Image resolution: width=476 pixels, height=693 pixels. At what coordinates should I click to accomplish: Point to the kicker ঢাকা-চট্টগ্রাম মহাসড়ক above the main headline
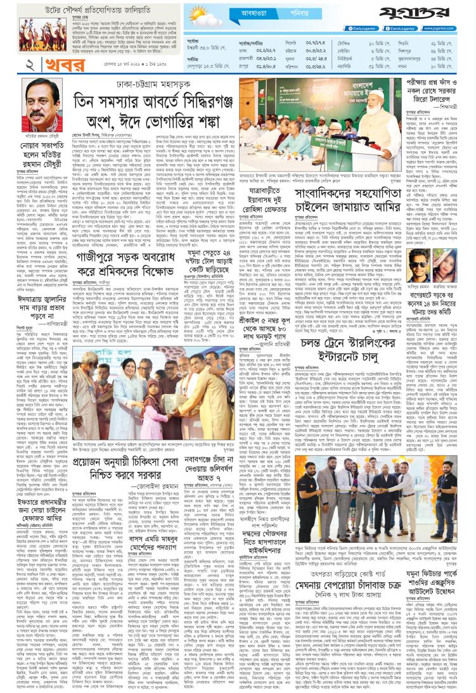[155, 83]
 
